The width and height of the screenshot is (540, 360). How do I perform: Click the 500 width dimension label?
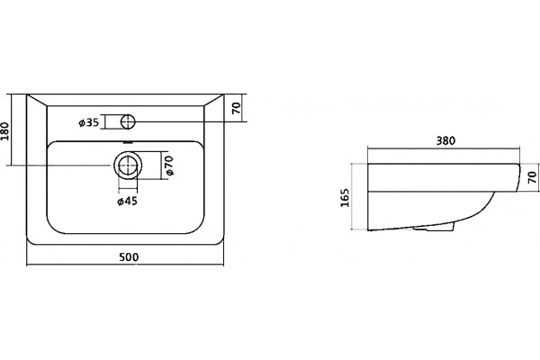(x=129, y=257)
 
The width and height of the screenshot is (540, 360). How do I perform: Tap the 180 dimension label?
(x=4, y=130)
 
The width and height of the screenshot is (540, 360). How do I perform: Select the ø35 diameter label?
(x=89, y=122)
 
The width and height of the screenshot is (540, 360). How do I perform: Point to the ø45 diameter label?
(x=128, y=202)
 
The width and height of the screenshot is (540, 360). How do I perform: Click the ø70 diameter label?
(x=169, y=166)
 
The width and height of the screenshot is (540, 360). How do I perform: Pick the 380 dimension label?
(x=445, y=140)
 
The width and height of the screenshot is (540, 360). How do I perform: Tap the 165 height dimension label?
(x=345, y=197)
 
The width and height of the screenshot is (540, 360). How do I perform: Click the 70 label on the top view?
(x=236, y=109)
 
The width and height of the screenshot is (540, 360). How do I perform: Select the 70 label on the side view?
(x=533, y=177)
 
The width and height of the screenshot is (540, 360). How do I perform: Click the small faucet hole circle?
(x=129, y=121)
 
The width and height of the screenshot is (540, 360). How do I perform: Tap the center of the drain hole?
(x=128, y=165)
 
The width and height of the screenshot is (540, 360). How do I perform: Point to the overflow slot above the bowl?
(x=128, y=142)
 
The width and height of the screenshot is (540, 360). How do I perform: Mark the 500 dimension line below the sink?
(x=125, y=265)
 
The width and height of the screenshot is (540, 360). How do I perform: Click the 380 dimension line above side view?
(x=444, y=148)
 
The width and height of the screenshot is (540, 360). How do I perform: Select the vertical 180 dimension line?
(x=12, y=130)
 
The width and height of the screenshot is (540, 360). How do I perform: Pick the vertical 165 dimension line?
(x=352, y=196)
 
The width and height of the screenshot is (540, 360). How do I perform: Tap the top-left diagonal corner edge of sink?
(x=37, y=100)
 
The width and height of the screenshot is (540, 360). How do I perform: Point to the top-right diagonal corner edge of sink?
(x=214, y=100)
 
